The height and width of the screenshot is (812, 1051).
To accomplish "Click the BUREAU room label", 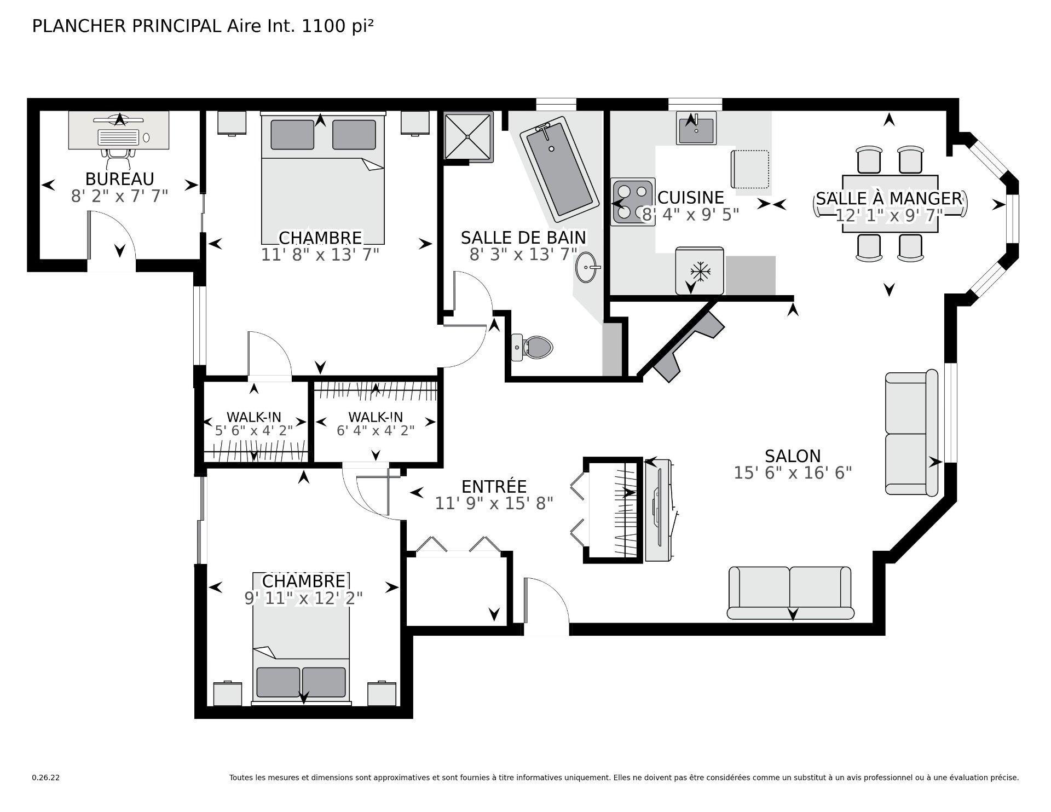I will pos(119,179).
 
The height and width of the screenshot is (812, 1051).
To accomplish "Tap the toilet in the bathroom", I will pos(533,347).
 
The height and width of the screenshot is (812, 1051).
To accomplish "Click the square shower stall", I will pos(468,136).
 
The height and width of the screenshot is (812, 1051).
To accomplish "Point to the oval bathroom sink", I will pos(586,268).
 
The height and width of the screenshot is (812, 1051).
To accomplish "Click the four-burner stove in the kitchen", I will pos(633,201).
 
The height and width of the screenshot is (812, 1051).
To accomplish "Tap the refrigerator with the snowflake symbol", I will pos(699,271).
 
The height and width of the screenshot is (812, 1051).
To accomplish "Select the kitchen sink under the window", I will pos(696,129).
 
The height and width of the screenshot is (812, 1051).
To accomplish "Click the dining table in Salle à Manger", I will pos(890,204).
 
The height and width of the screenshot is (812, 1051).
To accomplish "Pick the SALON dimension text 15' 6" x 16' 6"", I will pos(793,473).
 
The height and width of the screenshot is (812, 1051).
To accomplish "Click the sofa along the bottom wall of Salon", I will pos(790,594).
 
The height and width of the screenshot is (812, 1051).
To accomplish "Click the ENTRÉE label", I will pos(494,486).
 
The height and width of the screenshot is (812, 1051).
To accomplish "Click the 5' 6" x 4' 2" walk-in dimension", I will pos(253,430).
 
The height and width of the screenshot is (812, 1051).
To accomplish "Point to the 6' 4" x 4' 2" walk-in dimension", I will pos(375,430).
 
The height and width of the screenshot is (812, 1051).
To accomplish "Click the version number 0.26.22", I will pos(45,778).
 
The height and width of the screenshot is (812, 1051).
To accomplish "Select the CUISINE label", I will pos(690,197).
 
